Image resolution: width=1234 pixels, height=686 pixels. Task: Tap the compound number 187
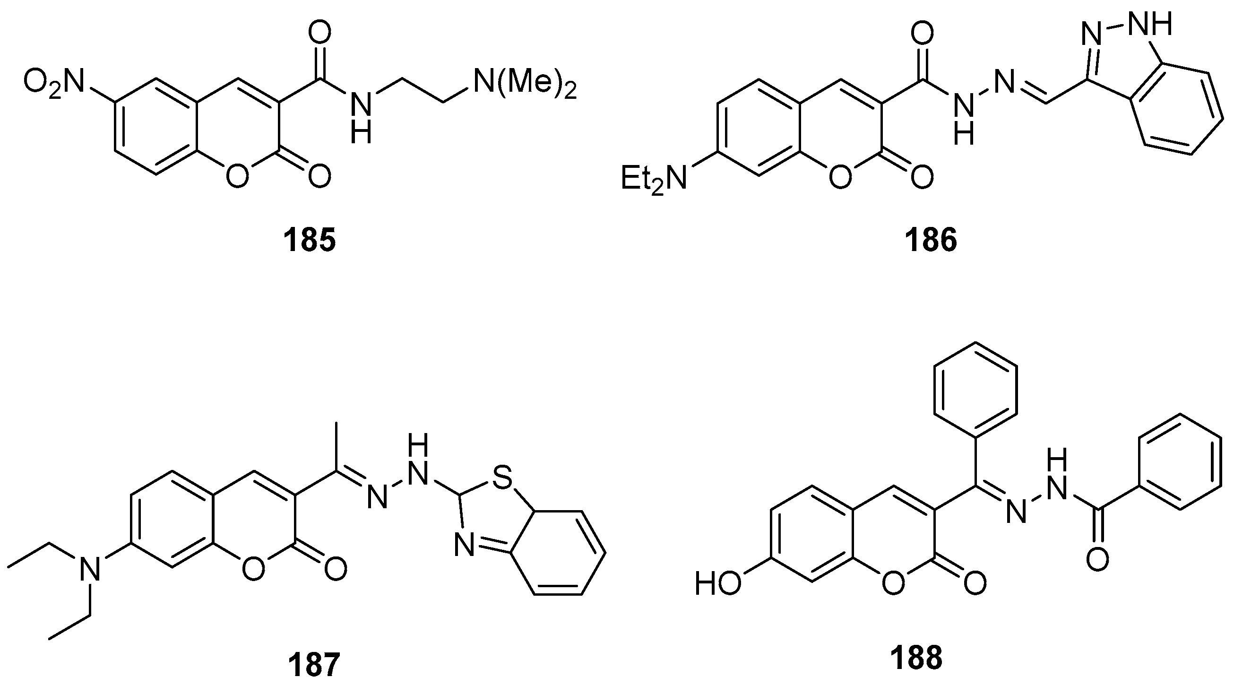point(314,664)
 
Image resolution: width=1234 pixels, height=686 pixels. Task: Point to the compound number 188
point(916,658)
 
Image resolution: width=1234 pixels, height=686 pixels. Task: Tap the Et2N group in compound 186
point(654,178)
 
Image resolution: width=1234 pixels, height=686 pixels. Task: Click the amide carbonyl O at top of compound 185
point(319,34)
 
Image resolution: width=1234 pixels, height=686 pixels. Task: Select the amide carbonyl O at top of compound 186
point(922,34)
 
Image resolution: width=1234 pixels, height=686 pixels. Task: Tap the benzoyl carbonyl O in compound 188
point(1097,559)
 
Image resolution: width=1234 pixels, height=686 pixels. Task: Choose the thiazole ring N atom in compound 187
point(464,547)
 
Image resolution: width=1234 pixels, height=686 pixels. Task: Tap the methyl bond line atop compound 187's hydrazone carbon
point(337,445)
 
